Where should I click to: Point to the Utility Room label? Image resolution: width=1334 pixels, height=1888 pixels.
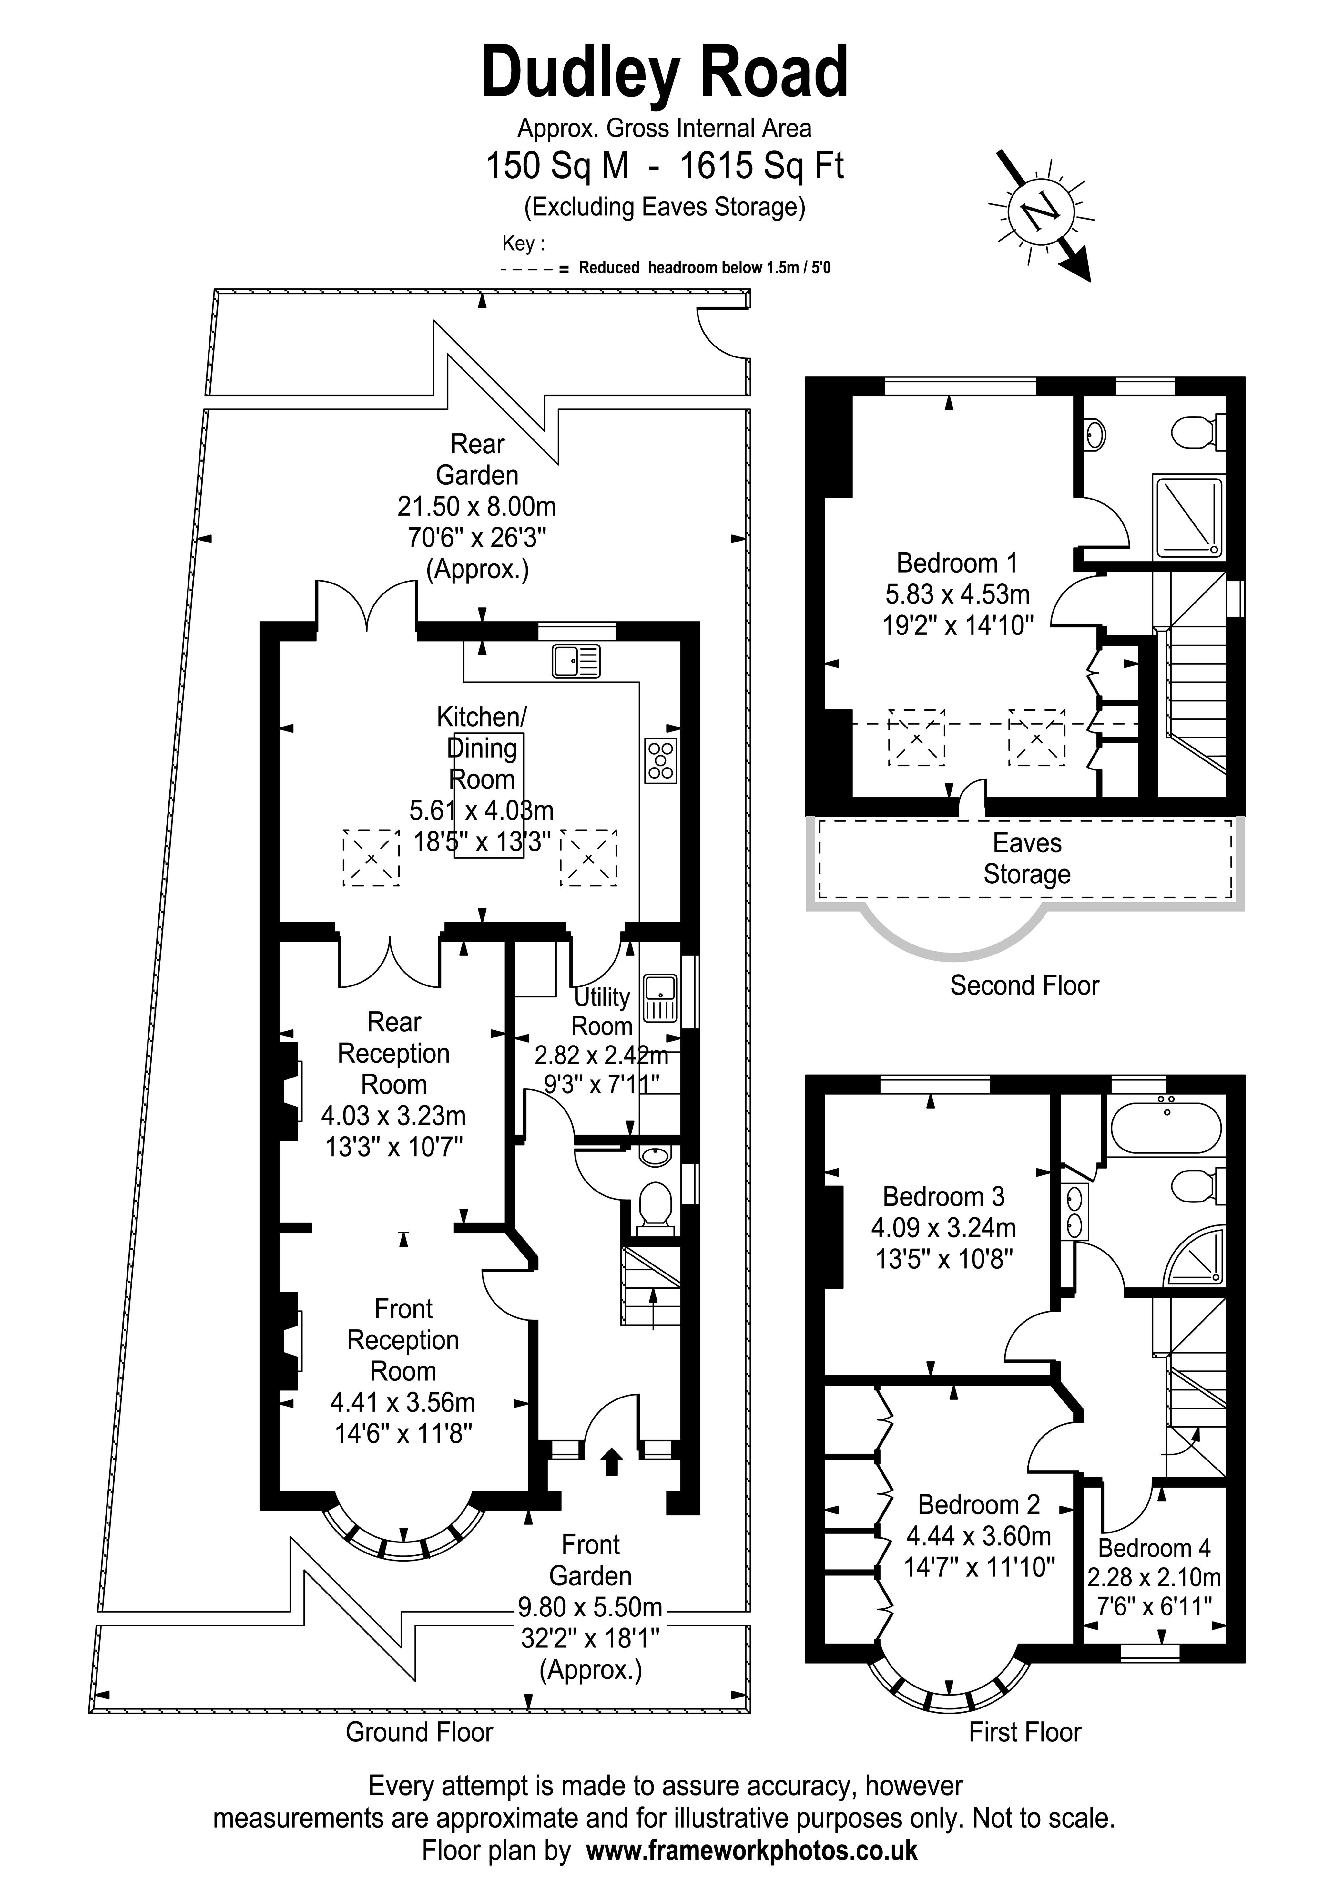[x=602, y=1011]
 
